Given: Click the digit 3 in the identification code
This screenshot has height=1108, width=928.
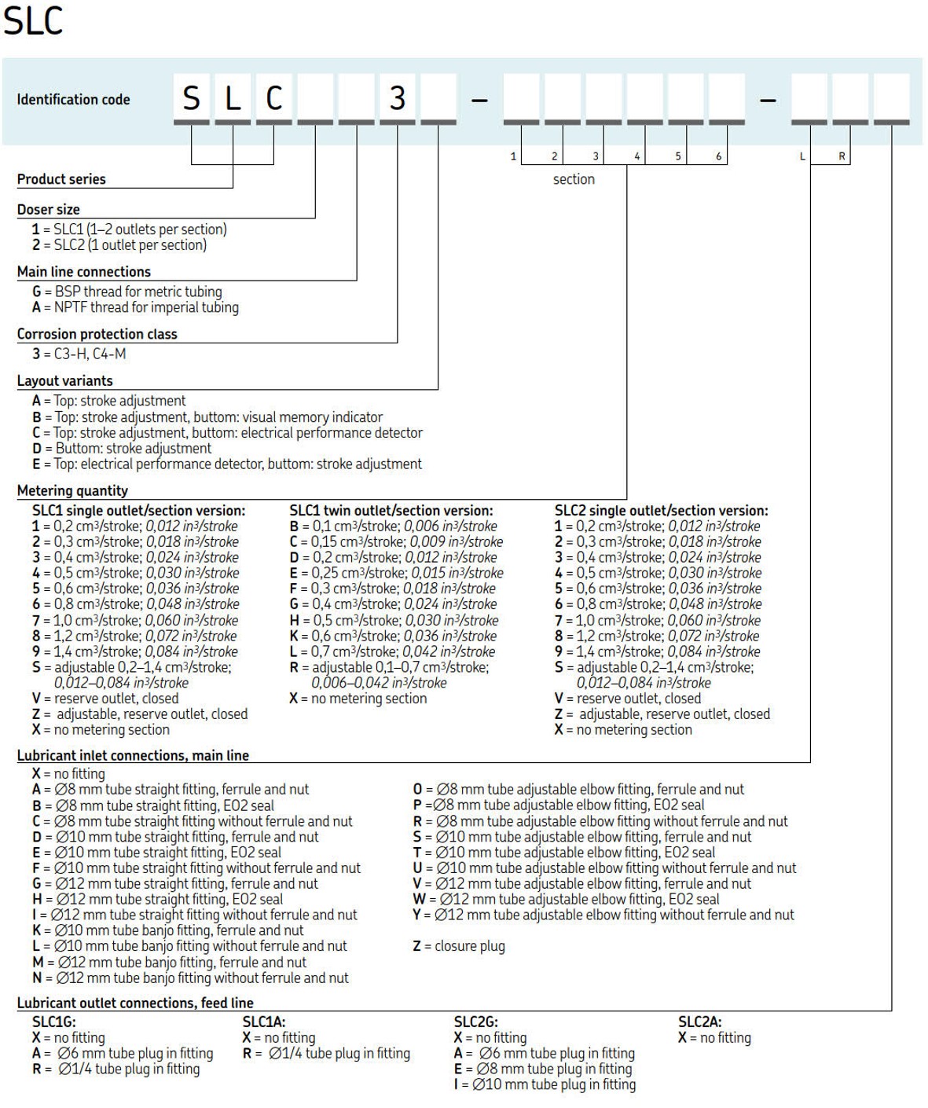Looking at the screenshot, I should pyautogui.click(x=398, y=98).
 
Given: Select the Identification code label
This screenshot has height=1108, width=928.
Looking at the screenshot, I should pyautogui.click(x=73, y=100).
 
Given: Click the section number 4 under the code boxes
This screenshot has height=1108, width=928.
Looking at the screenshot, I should pyautogui.click(x=636, y=156).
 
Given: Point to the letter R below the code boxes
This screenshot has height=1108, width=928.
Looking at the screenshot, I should pyautogui.click(x=842, y=156).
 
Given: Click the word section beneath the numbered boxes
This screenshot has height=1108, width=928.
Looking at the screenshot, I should pyautogui.click(x=574, y=179).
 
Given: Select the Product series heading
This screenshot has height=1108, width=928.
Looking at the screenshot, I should pyautogui.click(x=61, y=179).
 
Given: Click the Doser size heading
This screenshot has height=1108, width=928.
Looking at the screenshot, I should pyautogui.click(x=49, y=210).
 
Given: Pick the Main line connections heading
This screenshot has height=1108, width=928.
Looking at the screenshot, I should pyautogui.click(x=84, y=272).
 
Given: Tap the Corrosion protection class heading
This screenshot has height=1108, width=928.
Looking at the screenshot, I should pyautogui.click(x=97, y=334).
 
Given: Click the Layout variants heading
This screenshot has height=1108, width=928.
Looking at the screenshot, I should pyautogui.click(x=65, y=381).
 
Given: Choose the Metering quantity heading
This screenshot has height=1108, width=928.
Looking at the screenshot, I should pyautogui.click(x=72, y=491).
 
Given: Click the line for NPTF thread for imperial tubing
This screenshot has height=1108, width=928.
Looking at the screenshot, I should pyautogui.click(x=135, y=307).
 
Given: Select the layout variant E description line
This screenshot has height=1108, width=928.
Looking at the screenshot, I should pyautogui.click(x=227, y=464).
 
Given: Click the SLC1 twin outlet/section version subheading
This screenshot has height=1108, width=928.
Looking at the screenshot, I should pyautogui.click(x=391, y=511).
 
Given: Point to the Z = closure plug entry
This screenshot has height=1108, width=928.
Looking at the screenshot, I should pyautogui.click(x=459, y=946).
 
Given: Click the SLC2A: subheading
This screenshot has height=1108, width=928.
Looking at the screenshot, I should pyautogui.click(x=699, y=1022).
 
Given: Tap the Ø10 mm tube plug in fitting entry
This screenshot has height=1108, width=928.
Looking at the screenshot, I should pyautogui.click(x=545, y=1084).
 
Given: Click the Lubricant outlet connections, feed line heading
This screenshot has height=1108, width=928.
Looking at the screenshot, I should pyautogui.click(x=135, y=1003).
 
